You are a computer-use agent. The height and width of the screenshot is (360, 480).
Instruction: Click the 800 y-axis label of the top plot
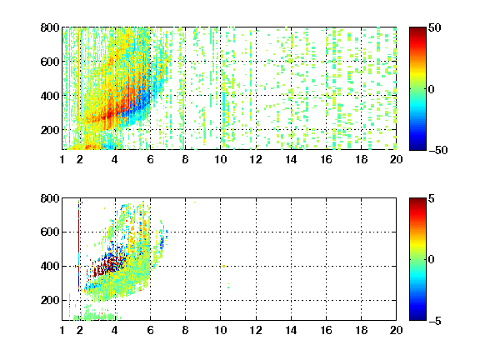pyautogui.click(x=50, y=27)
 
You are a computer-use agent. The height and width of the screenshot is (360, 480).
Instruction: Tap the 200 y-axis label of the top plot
pyautogui.click(x=50, y=130)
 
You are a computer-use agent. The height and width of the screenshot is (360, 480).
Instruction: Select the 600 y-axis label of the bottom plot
pyautogui.click(x=50, y=232)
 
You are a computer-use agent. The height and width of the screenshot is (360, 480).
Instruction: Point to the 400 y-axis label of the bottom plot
pyautogui.click(x=50, y=266)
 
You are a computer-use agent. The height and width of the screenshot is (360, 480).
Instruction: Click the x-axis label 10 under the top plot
pyautogui.click(x=220, y=159)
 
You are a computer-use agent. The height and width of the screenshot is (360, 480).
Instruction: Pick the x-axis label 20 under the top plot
pyautogui.click(x=396, y=159)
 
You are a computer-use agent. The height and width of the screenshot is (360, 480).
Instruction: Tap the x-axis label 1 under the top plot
pyautogui.click(x=62, y=159)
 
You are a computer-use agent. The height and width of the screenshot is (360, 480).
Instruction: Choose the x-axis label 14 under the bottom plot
pyautogui.click(x=291, y=330)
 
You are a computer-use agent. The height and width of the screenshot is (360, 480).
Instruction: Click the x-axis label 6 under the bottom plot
pyautogui.click(x=150, y=330)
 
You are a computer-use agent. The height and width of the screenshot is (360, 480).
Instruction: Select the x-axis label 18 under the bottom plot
pyautogui.click(x=361, y=330)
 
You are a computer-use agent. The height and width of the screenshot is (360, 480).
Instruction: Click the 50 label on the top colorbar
pyautogui.click(x=435, y=27)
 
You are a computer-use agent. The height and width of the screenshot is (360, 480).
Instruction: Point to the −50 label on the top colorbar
pyautogui.click(x=438, y=150)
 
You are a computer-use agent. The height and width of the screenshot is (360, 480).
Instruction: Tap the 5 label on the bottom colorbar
pyautogui.click(x=432, y=198)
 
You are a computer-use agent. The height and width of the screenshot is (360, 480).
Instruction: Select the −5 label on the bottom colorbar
pyautogui.click(x=435, y=321)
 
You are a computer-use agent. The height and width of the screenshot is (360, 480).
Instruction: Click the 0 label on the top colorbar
pyautogui.click(x=432, y=89)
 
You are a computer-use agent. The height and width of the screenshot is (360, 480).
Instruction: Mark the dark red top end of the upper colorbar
pyautogui.click(x=417, y=29)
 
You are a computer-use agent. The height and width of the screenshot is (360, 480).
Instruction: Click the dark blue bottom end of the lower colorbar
pyautogui.click(x=417, y=318)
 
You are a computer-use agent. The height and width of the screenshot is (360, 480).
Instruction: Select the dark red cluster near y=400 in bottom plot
pyautogui.click(x=107, y=267)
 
